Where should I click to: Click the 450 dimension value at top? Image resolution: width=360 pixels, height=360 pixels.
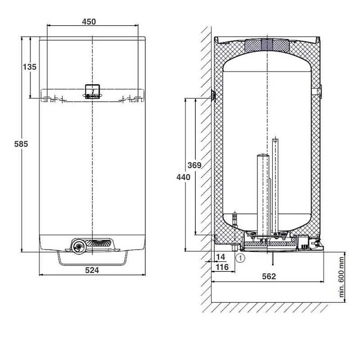89,22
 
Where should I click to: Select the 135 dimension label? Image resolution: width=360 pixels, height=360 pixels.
29,67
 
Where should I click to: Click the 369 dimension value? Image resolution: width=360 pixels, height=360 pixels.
194,165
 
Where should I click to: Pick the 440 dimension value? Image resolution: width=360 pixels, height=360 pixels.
183,177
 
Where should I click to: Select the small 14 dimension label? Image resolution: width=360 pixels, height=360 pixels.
221,256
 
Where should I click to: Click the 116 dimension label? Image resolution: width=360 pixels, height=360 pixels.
222,267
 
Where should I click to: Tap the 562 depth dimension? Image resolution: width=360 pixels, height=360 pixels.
268,276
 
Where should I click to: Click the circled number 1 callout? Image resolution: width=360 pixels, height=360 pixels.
240,258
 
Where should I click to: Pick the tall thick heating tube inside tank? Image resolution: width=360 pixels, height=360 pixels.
261,193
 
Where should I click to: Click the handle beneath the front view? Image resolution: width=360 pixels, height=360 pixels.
92,259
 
